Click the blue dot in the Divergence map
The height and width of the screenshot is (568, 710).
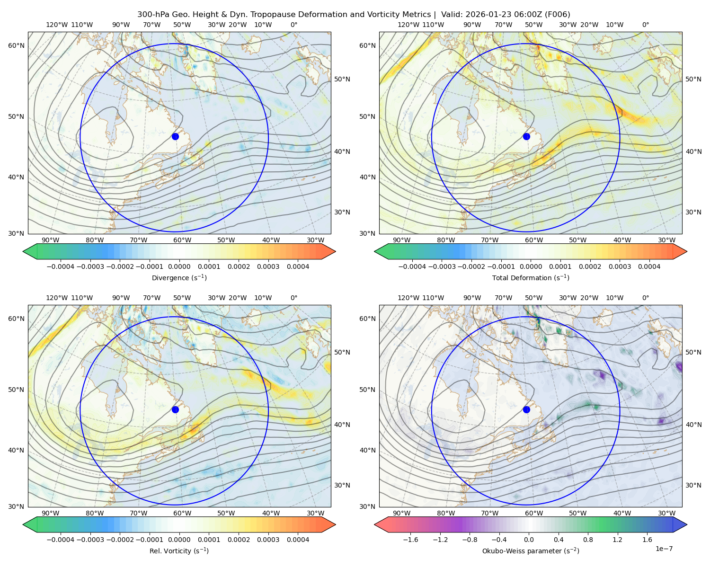(x=175, y=136)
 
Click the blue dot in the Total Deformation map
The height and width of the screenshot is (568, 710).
(x=526, y=136)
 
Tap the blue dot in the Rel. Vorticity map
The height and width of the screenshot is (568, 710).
(x=175, y=409)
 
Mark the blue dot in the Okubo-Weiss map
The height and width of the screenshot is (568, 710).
(x=526, y=409)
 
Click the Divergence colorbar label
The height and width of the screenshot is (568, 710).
(x=179, y=277)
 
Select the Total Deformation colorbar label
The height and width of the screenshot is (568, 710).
(x=531, y=277)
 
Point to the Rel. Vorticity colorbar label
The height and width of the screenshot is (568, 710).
(x=179, y=550)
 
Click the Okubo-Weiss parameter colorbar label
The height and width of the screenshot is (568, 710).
(x=531, y=550)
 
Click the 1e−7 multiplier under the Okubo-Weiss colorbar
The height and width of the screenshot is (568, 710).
(x=664, y=549)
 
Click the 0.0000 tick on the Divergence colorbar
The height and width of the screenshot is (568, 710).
(x=179, y=266)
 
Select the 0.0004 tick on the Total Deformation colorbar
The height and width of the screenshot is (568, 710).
(x=649, y=266)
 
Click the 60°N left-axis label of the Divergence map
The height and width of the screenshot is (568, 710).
(x=16, y=45)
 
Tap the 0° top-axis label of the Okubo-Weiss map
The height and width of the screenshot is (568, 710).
(x=645, y=298)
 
